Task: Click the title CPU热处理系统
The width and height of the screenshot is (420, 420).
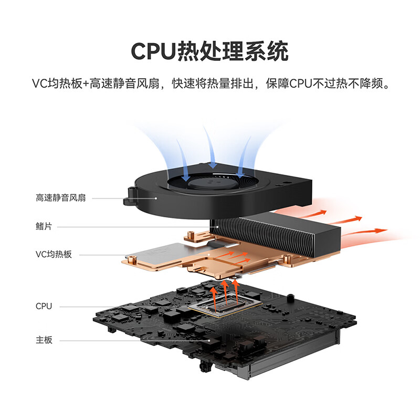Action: (209, 52)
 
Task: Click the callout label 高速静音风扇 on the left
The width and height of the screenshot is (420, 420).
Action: (61, 198)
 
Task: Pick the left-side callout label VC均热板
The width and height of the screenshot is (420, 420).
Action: (54, 254)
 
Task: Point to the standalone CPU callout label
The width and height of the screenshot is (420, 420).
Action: (44, 306)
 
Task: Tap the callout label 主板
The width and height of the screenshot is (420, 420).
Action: (44, 340)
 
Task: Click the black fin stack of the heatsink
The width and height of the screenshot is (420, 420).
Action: (273, 231)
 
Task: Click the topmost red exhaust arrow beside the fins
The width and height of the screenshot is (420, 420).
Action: (315, 213)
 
